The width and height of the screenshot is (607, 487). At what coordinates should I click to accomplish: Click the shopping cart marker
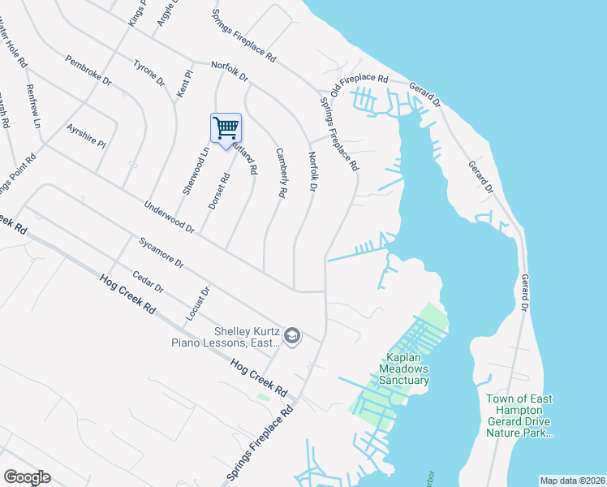(x=226, y=128)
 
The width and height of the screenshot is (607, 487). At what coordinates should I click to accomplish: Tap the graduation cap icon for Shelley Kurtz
(x=292, y=335)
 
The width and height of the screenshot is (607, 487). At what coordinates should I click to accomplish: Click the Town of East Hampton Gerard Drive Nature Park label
(x=519, y=416)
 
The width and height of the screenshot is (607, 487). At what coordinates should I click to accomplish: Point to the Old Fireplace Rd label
(x=359, y=87)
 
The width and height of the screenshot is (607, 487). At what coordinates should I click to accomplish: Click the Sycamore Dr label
(x=161, y=252)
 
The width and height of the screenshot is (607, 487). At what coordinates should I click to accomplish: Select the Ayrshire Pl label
(x=87, y=135)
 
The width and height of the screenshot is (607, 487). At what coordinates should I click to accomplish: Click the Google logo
(x=27, y=476)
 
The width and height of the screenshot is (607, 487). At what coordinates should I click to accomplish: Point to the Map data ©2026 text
(x=571, y=481)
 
